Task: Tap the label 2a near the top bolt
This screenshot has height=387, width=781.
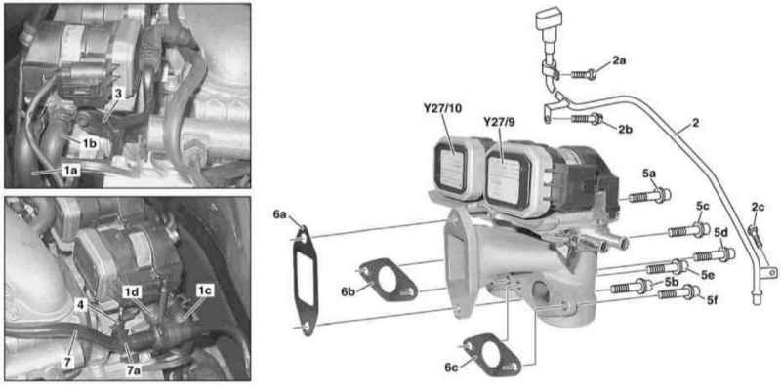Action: click(619, 60)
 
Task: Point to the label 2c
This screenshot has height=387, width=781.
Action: click(758, 207)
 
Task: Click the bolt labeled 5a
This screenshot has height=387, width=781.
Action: click(649, 196)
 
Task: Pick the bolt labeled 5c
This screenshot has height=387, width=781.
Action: click(688, 230)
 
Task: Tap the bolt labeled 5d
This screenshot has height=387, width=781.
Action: click(715, 255)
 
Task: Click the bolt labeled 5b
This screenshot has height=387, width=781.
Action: click(631, 287)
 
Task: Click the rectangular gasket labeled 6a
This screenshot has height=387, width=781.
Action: click(305, 280)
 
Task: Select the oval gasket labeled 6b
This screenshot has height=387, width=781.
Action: click(387, 279)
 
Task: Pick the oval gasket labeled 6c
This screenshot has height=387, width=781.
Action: click(492, 355)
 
